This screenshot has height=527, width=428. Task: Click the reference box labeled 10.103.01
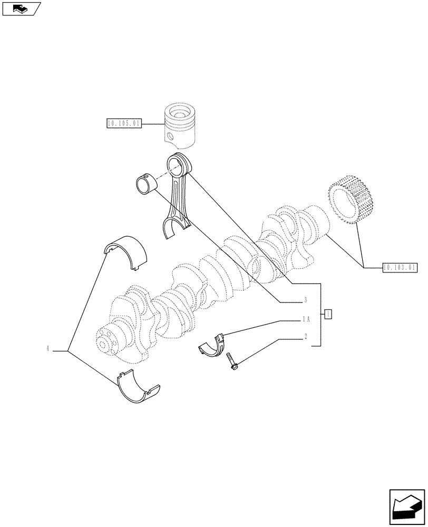(398, 268)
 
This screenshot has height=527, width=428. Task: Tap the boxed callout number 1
(328, 314)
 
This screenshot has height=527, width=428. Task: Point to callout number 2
(305, 336)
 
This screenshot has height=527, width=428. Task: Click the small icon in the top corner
(21, 8)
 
